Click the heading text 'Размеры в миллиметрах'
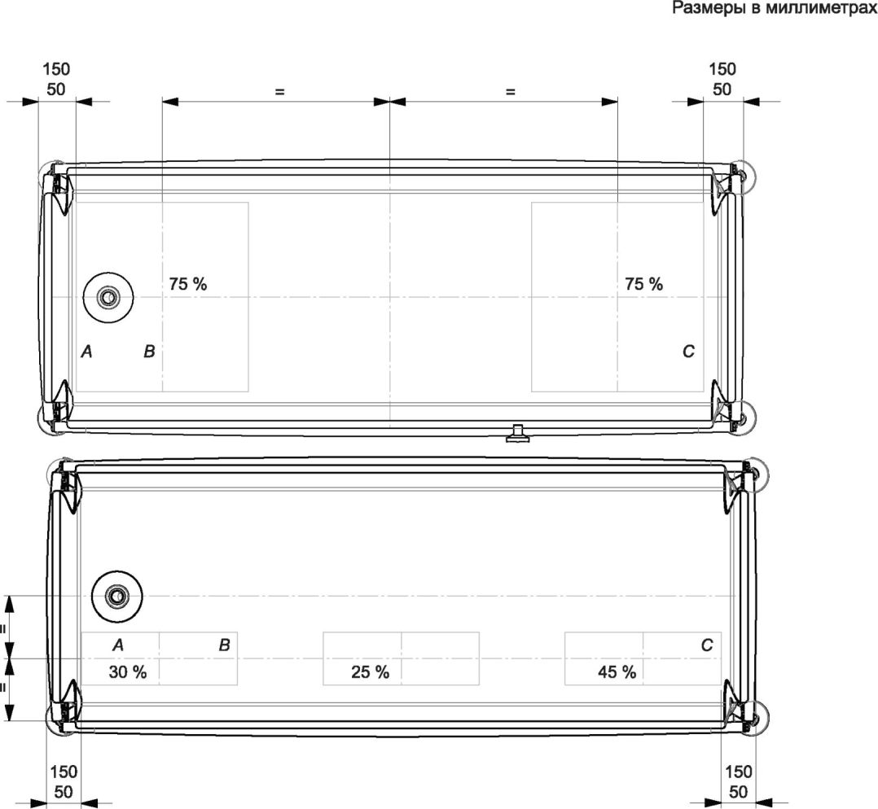coord(775,8)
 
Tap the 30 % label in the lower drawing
coord(128,671)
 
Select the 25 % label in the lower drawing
coord(370,671)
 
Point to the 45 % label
coord(617,671)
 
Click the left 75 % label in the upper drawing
coord(188,284)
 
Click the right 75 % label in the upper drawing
coord(644,284)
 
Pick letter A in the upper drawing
coord(86,352)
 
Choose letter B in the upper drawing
coord(149,352)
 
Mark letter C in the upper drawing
coord(689,352)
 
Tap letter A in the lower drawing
coord(117,645)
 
